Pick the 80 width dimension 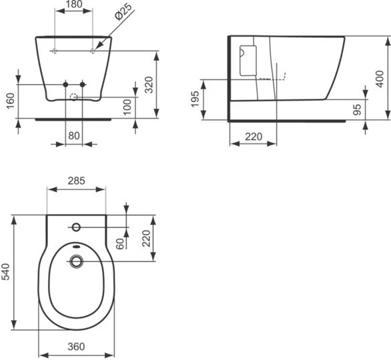74,136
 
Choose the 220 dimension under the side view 252,137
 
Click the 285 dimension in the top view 76,181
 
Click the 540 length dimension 6,273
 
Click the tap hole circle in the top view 76,227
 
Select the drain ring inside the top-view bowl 76,261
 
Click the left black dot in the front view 65,84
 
